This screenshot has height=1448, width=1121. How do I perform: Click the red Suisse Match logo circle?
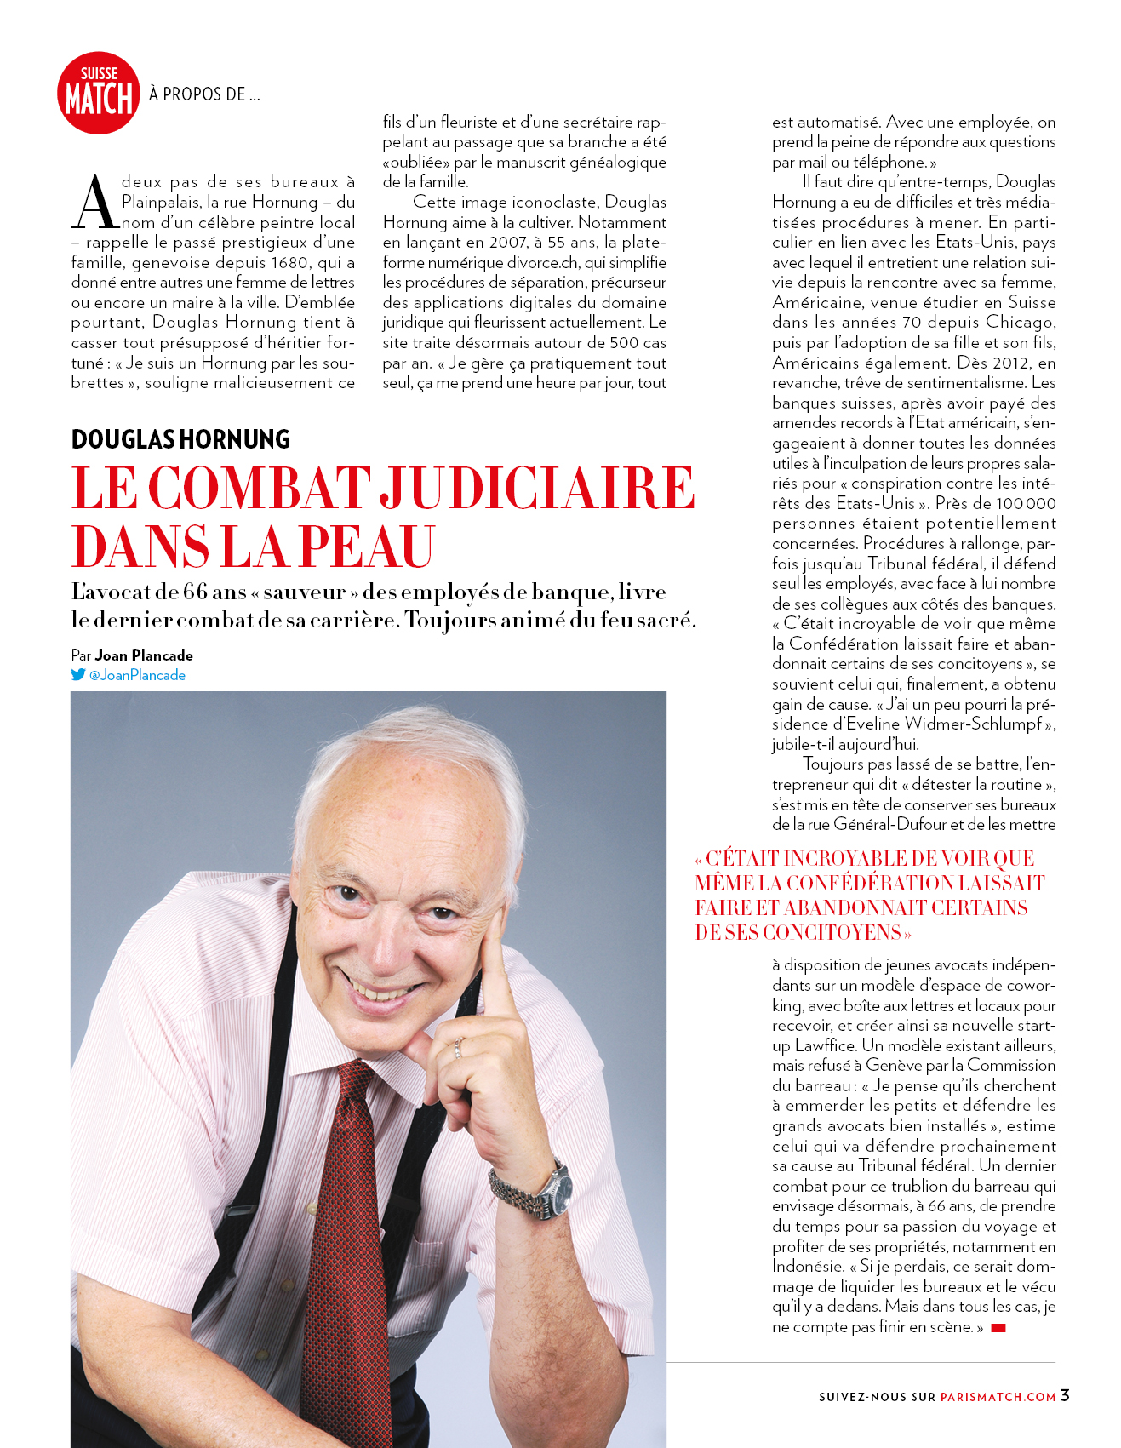point(98,94)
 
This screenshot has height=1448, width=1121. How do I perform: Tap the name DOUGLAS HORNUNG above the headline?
point(180,439)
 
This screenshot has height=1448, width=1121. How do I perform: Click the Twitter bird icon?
point(78,674)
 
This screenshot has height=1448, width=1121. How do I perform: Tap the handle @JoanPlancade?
point(137,675)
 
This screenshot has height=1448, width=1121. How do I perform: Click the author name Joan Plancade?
point(144,655)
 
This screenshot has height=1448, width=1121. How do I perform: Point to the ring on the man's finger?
point(458,1047)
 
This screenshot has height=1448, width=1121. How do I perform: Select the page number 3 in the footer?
point(1065,1395)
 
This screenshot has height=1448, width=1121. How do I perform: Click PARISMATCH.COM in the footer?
point(998,1397)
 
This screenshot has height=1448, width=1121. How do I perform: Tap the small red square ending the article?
point(998,1328)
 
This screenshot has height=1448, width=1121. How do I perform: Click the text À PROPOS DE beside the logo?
point(204,94)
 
